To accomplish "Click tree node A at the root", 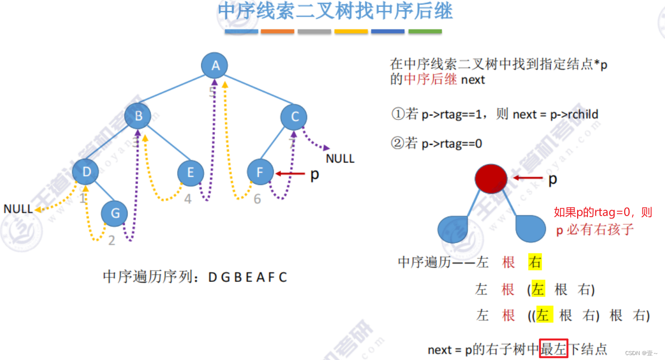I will point(214,66).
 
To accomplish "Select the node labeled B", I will point(138,116).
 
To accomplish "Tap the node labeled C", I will point(294,117).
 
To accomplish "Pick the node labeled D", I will point(86,172).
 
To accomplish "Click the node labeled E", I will point(190,172).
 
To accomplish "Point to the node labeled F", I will point(260,172).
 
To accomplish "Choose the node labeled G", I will point(114,214).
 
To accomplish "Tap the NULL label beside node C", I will point(340,159).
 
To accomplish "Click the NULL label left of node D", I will point(18,209).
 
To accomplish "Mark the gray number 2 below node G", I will point(111,241).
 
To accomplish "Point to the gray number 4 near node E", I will point(188,199).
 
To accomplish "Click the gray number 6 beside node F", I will point(257,199).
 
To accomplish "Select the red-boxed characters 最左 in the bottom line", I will point(553,349).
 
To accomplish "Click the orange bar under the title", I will point(277,31).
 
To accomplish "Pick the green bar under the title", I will point(425,31).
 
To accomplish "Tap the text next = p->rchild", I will point(556,114).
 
